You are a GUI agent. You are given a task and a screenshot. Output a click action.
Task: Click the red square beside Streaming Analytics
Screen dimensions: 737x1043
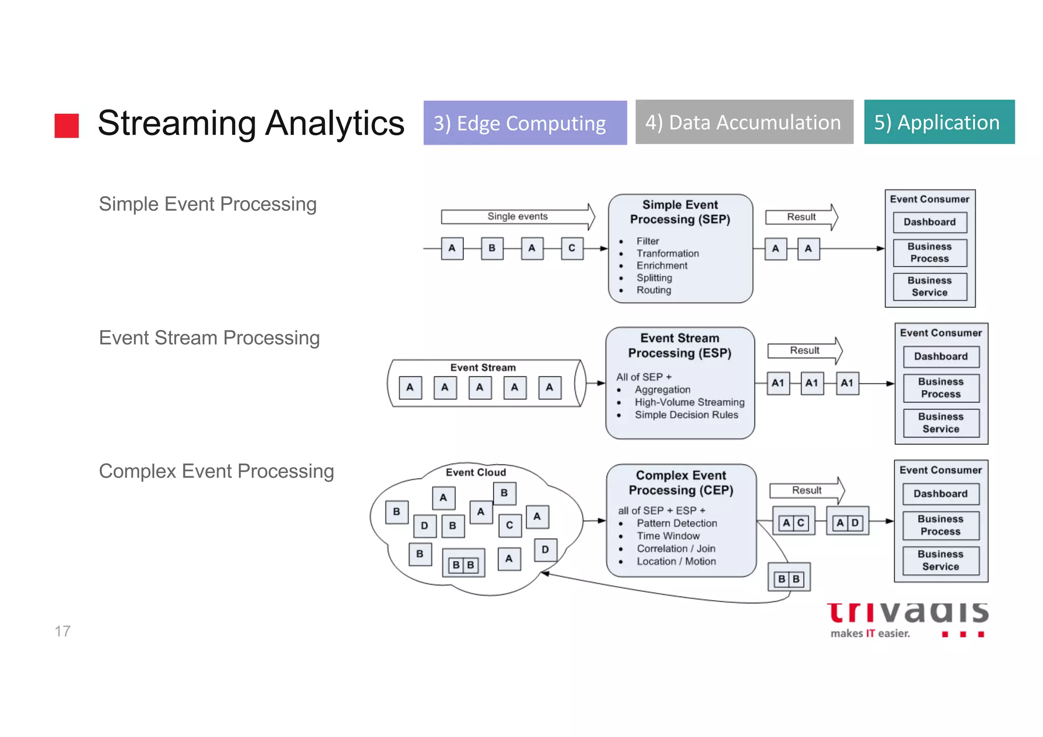point(67,125)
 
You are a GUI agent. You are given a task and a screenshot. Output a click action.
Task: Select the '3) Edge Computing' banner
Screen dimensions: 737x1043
point(525,123)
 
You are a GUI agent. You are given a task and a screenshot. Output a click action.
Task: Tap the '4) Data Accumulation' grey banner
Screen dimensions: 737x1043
point(744,122)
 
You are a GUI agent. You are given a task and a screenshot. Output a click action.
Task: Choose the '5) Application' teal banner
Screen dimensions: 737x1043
point(939,122)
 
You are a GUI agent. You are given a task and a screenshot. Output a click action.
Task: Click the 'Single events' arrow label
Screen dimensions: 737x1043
point(517,216)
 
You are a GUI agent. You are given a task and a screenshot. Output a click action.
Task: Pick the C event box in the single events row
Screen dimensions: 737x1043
point(572,249)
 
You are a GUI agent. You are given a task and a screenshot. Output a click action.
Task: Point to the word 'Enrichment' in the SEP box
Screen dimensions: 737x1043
point(662,265)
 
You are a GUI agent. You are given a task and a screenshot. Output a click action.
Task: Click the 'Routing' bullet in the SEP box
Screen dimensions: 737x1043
point(653,290)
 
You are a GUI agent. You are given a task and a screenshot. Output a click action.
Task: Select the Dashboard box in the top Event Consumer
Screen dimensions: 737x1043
point(929,222)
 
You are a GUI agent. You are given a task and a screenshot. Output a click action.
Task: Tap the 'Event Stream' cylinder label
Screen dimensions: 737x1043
point(483,368)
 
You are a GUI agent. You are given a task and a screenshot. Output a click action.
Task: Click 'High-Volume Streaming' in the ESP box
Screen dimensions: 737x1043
point(689,402)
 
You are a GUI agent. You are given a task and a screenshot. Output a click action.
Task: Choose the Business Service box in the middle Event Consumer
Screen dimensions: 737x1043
point(941,423)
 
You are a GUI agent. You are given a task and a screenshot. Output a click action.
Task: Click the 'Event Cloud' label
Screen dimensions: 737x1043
point(476,472)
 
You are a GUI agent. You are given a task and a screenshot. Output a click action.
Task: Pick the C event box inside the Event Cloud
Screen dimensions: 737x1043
point(509,526)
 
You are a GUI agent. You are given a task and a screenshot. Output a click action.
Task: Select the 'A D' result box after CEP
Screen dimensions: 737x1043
point(847,523)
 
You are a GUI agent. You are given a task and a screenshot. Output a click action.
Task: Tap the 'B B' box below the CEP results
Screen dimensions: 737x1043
point(788,579)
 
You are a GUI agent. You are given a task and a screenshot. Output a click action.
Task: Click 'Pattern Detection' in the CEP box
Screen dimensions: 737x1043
point(676,523)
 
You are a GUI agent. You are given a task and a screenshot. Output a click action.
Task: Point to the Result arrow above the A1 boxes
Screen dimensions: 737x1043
point(804,350)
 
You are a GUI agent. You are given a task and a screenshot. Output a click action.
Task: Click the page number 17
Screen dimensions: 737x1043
point(63,631)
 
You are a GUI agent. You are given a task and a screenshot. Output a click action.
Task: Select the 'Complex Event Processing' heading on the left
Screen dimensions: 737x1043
point(216,471)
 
